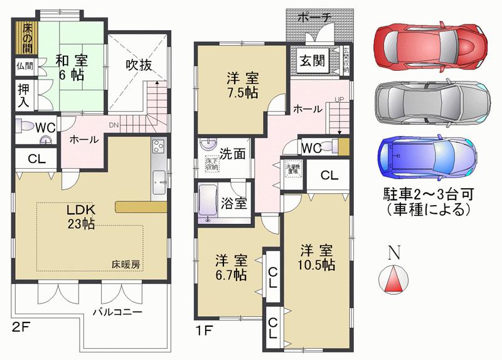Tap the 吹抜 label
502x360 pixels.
pyautogui.click(x=138, y=65)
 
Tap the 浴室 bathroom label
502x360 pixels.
pyautogui.click(x=234, y=204)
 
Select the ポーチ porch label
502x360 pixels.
pyautogui.click(x=314, y=18)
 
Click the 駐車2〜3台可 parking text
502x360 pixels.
pyautogui.click(x=429, y=192)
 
